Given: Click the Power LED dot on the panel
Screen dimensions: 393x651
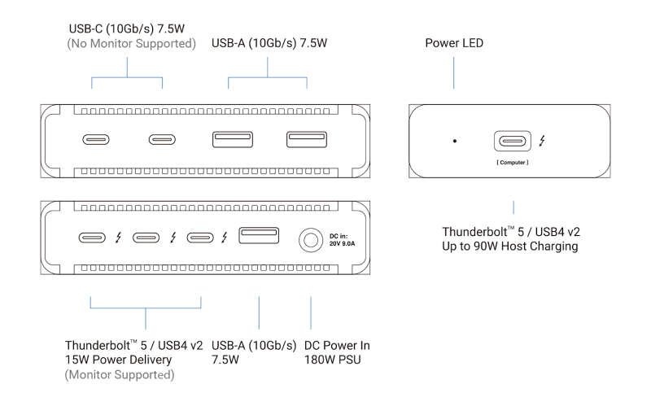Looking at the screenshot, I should (454, 142).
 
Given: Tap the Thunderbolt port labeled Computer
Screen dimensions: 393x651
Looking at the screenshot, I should (512, 141).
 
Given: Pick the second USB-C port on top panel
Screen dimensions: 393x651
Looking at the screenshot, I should (162, 139).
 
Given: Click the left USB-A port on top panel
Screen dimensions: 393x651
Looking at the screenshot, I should (232, 139).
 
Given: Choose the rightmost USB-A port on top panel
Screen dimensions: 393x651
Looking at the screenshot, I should (305, 139).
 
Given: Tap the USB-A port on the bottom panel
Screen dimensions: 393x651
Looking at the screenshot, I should (259, 236).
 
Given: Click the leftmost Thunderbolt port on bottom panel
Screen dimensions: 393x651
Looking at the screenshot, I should (92, 238).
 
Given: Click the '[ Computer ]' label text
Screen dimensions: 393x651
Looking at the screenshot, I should (512, 164).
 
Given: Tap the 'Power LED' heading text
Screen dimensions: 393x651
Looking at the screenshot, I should (454, 42).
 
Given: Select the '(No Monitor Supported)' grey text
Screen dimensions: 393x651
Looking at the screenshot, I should (131, 44).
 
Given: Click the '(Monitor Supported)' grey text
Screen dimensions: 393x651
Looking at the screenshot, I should (120, 375).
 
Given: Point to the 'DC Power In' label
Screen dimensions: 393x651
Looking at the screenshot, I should (338, 345).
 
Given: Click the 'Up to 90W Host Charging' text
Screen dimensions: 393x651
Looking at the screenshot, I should (510, 246).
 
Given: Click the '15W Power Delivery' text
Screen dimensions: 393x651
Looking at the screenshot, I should (121, 360).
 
